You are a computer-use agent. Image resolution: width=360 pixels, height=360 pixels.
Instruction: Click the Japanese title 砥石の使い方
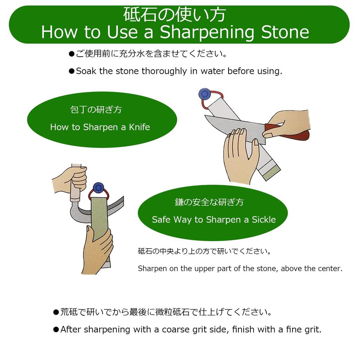[x=174, y=15]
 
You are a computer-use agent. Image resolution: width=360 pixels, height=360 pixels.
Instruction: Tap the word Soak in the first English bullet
[x=86, y=71]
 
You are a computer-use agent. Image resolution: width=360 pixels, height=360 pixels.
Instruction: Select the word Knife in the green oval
[x=139, y=127]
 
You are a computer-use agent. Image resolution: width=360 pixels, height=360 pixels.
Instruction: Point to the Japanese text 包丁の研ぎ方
[x=96, y=110]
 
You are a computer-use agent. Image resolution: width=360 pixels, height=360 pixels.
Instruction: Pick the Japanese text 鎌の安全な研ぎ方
[x=209, y=202]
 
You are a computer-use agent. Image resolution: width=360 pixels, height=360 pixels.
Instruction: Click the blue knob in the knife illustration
[x=204, y=94]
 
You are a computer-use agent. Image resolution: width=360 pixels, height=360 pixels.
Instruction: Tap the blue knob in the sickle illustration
[x=98, y=188]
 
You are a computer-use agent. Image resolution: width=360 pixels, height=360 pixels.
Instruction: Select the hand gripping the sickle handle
[x=72, y=179]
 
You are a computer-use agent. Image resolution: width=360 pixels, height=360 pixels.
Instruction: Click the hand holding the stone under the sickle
[x=98, y=250]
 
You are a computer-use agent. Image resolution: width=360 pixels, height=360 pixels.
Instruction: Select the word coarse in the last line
[x=174, y=330]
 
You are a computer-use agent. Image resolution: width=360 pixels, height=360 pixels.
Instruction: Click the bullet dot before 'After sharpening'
[x=56, y=330]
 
